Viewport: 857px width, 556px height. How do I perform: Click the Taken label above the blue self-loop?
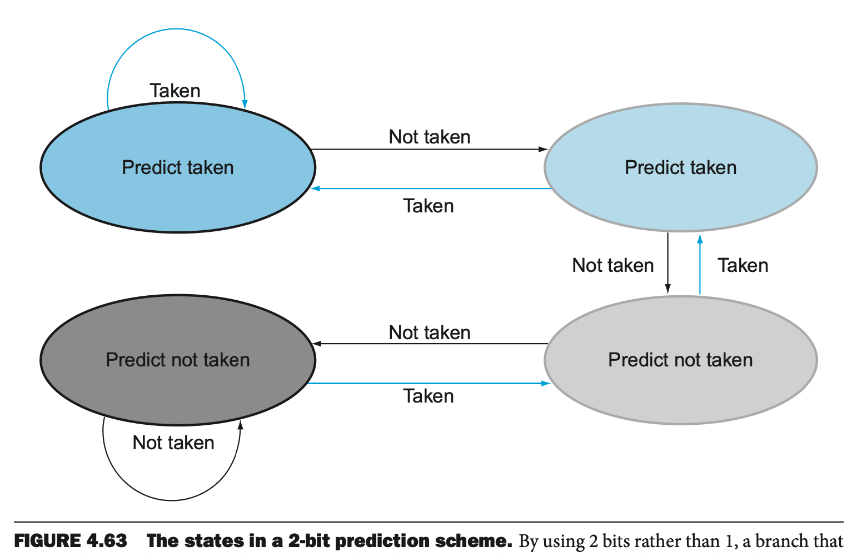(x=175, y=91)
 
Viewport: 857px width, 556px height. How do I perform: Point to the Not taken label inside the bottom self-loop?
(x=173, y=443)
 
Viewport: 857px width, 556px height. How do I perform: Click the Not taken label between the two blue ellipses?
(x=430, y=137)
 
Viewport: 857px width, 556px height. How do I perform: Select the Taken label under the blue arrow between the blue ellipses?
(x=428, y=206)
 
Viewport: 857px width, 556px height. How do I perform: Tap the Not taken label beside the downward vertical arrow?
(x=613, y=265)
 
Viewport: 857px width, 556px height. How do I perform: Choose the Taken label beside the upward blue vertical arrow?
(x=743, y=265)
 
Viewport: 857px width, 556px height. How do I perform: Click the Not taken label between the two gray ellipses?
(x=430, y=332)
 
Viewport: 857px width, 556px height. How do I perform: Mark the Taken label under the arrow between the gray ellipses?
(x=428, y=396)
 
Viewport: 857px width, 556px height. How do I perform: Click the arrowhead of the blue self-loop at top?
(x=245, y=105)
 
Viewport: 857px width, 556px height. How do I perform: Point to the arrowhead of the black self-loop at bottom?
(x=241, y=425)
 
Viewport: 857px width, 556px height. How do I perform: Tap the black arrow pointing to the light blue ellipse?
(x=428, y=150)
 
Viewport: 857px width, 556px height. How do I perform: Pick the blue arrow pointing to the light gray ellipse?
(x=428, y=383)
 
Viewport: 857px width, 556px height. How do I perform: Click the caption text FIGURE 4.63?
(x=71, y=540)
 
